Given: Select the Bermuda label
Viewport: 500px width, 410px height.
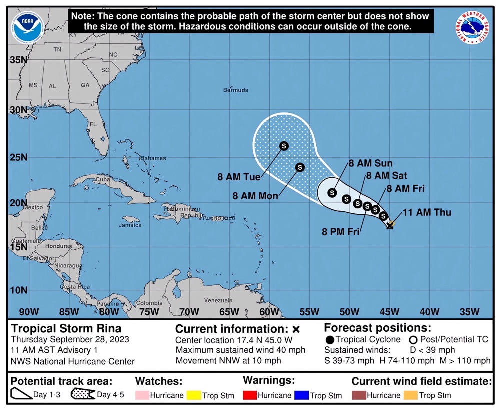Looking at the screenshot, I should pos(235,90).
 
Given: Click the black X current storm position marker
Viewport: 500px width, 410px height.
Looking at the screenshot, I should pos(390,226).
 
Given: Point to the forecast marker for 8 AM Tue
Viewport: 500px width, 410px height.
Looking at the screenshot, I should pos(284,146).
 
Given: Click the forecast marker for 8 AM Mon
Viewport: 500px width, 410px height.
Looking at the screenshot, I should pos(300,167).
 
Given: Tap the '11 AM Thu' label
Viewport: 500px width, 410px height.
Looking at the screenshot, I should pos(427,213).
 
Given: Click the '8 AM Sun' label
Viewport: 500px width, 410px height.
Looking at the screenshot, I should pos(370,163).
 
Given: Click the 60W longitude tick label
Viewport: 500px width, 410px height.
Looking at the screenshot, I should pos(269,312).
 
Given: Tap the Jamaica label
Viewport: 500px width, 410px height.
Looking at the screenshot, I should pos(130,225).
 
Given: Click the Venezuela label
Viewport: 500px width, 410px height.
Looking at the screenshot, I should pos(218,301).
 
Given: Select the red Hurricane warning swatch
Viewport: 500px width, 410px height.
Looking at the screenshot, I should pos(249,395).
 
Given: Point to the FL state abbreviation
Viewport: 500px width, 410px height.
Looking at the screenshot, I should pos(93,124).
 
